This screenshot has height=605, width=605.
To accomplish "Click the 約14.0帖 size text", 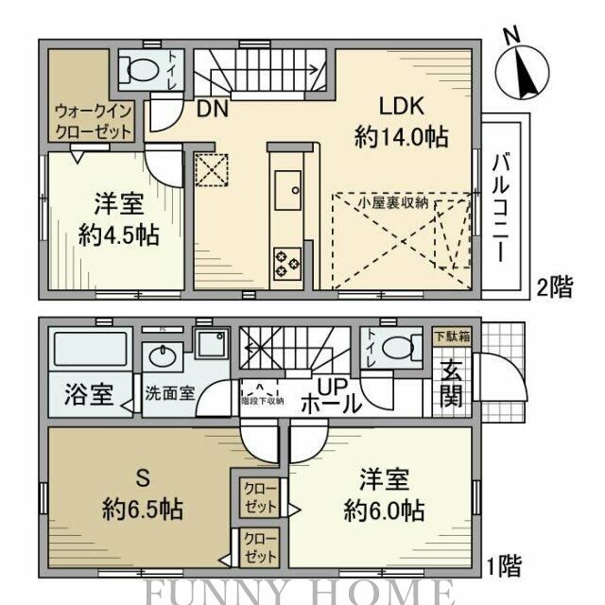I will click(x=400, y=136).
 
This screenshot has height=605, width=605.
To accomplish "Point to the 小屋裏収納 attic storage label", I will click(x=394, y=201).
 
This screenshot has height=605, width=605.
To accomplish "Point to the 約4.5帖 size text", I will click(x=118, y=234).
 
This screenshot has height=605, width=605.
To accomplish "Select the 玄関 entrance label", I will click(x=452, y=382).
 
